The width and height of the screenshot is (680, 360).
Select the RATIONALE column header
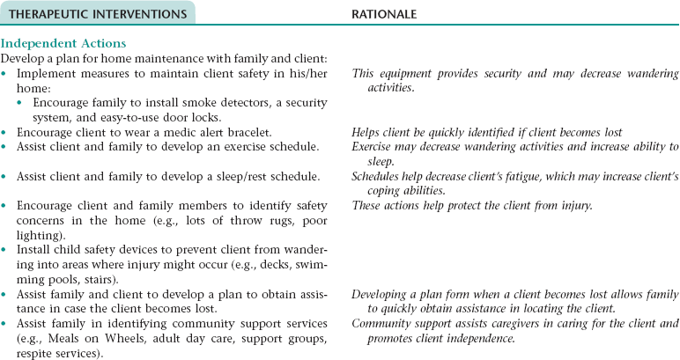pos(385,14)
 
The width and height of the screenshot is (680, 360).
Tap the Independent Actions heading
pos(63,43)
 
